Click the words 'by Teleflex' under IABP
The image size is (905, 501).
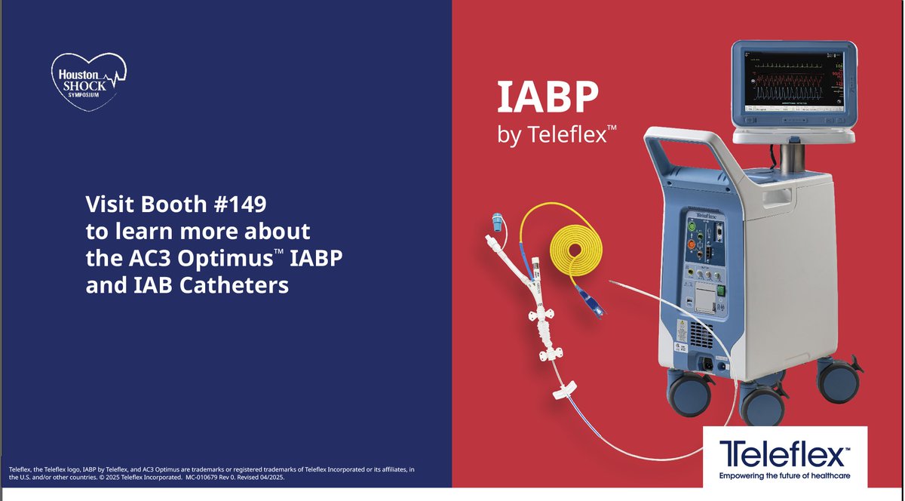coord(557,136)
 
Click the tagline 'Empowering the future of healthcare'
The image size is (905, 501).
coord(784,476)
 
